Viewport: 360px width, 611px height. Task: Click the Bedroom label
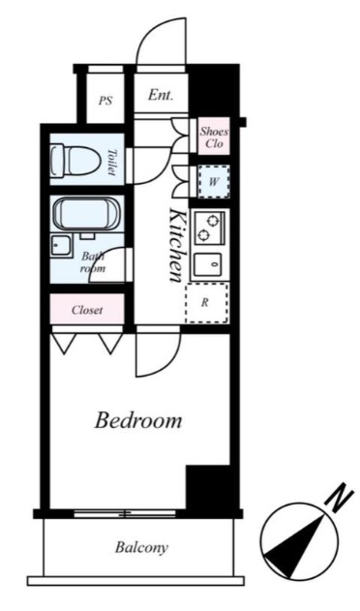click(138, 421)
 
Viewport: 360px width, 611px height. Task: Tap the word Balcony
click(141, 547)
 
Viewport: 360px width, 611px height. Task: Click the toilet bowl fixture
click(75, 160)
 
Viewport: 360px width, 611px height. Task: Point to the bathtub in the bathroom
click(86, 214)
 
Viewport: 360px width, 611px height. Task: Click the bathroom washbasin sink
click(61, 246)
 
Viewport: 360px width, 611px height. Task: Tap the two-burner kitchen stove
click(209, 228)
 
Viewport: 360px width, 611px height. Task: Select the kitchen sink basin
click(208, 264)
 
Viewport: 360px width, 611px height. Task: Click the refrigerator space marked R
click(207, 303)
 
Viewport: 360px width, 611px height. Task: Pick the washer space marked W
click(213, 182)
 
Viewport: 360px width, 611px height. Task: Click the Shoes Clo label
click(214, 137)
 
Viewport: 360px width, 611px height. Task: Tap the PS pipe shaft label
click(105, 101)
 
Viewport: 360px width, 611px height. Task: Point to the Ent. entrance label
click(161, 95)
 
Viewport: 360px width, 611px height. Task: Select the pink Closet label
click(87, 310)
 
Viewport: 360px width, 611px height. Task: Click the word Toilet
click(113, 163)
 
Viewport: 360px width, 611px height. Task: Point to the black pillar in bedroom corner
click(208, 487)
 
